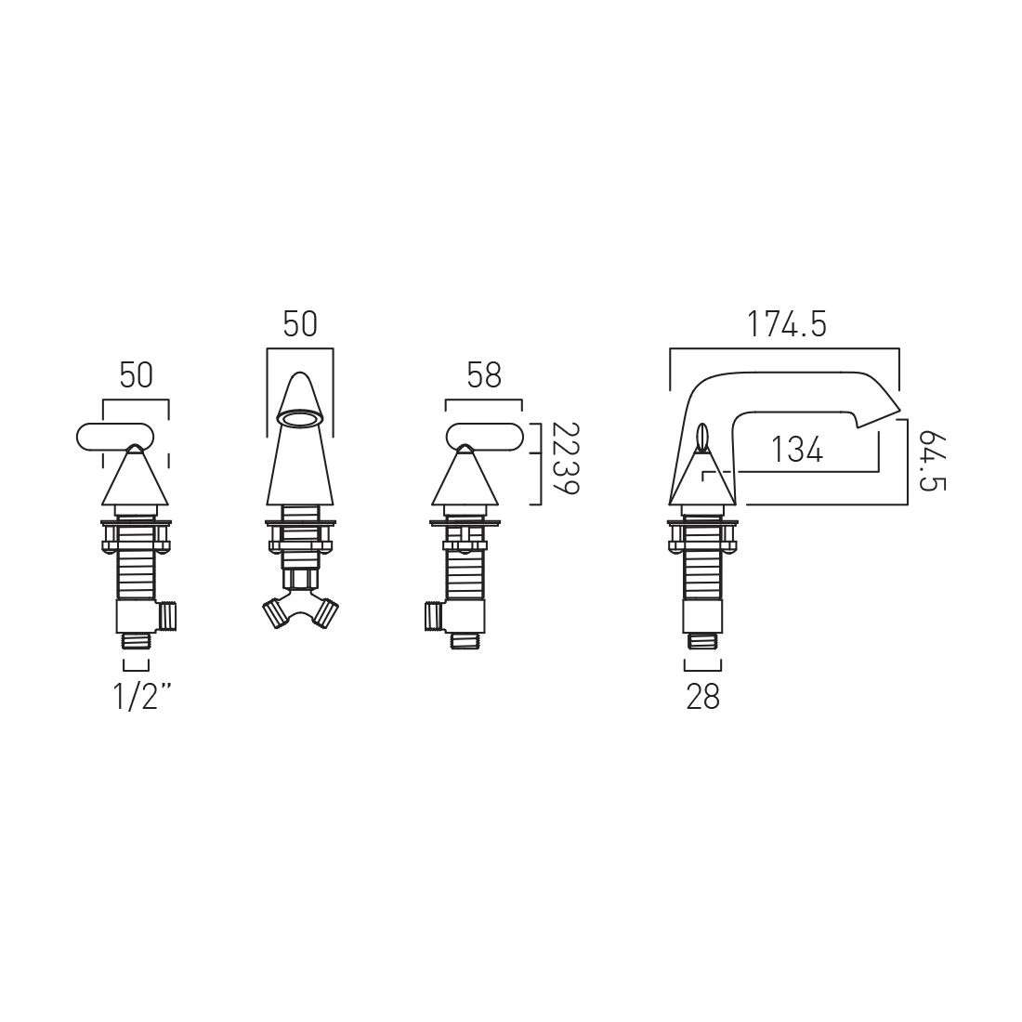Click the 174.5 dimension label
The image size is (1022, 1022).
pyautogui.click(x=786, y=324)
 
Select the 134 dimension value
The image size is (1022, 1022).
pyautogui.click(x=797, y=450)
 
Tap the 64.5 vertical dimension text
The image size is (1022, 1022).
pyautogui.click(x=932, y=461)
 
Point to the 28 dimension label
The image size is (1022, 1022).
pyautogui.click(x=703, y=697)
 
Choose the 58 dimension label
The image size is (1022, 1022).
pyautogui.click(x=484, y=375)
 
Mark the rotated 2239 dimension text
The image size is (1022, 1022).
pyautogui.click(x=565, y=458)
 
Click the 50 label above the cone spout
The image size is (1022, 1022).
pyautogui.click(x=300, y=324)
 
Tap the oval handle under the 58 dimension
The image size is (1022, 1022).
pyautogui.click(x=483, y=436)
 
